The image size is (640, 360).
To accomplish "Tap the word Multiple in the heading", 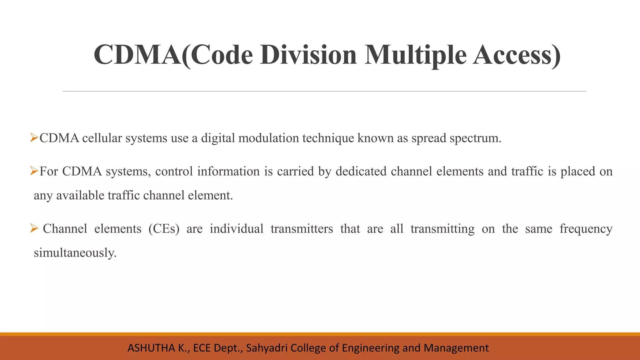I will tap(415, 55).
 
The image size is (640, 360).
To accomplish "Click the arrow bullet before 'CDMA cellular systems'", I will tap(34, 137).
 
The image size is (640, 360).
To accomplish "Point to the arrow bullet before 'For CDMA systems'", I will tap(34, 171).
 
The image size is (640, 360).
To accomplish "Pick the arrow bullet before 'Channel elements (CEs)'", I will tap(34, 228).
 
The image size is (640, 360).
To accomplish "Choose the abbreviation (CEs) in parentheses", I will tap(164, 229).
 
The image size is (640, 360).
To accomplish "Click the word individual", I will tap(237, 229).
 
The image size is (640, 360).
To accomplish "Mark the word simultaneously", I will tap(75, 253).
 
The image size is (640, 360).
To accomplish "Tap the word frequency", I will tap(586, 229).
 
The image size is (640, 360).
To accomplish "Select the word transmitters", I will tap(302, 229).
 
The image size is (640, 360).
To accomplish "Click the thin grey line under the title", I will tap(324, 91).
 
